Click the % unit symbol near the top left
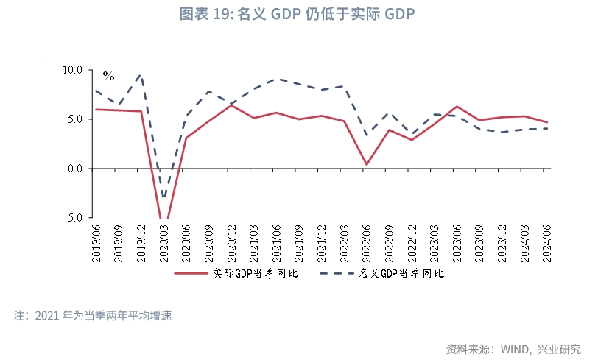[x=108, y=76]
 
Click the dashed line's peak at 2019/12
[x=141, y=74]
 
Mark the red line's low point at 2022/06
[x=366, y=165]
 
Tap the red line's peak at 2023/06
[x=457, y=107]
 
